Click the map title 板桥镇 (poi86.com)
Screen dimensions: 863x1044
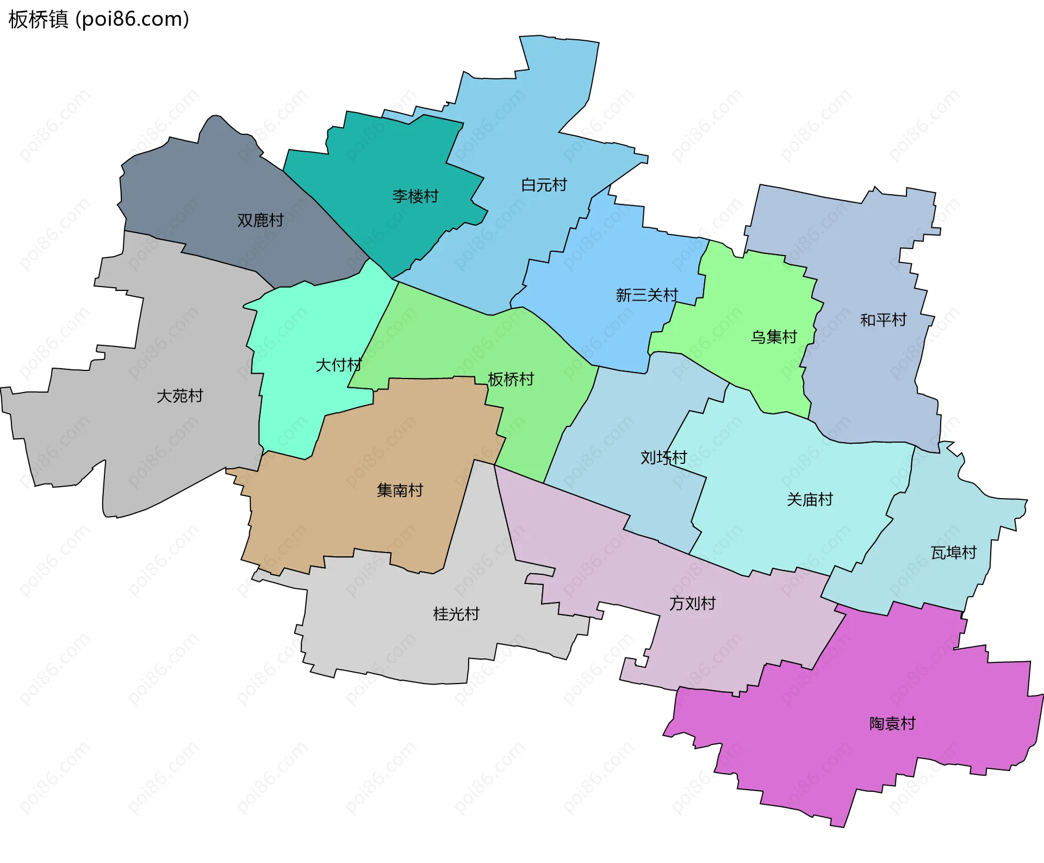click(98, 20)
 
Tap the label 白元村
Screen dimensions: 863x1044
click(544, 185)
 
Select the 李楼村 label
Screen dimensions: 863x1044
click(415, 196)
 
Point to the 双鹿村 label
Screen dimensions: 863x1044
click(260, 220)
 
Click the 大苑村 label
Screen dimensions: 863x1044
click(179, 396)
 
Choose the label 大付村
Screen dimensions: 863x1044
click(338, 365)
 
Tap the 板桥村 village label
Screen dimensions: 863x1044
click(511, 379)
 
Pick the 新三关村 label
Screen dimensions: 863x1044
click(647, 295)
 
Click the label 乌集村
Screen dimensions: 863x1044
click(773, 337)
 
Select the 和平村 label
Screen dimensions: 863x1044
click(883, 320)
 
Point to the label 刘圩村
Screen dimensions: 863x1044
click(663, 458)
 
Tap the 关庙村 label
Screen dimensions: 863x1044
click(810, 500)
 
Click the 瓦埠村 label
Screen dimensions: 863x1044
click(954, 553)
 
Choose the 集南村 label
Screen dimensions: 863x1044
click(400, 491)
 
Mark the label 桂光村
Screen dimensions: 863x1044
click(456, 614)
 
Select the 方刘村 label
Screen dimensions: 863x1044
click(692, 604)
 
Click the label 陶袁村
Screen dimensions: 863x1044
click(892, 724)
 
